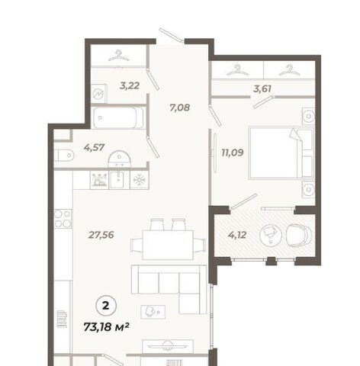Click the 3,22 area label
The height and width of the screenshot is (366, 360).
click(130, 86)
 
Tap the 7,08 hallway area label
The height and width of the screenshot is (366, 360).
click(180, 108)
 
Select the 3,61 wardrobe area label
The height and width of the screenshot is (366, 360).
click(262, 89)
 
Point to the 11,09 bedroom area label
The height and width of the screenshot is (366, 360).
click(233, 152)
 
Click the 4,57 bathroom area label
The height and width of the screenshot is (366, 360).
click(94, 147)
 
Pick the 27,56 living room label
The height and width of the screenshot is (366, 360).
click(101, 235)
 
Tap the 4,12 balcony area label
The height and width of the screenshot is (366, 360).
click(237, 235)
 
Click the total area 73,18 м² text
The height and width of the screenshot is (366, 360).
click(107, 327)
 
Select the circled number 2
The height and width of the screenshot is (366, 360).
click(106, 306)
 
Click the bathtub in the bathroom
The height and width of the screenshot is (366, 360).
click(118, 117)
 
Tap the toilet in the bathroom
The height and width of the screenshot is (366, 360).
click(64, 156)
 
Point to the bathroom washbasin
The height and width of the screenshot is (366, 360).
click(119, 159)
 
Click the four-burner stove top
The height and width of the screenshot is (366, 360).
click(63, 219)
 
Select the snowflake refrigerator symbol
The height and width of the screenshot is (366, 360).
click(139, 180)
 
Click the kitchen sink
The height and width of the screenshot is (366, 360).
click(119, 180)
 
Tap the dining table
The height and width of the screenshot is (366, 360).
click(168, 245)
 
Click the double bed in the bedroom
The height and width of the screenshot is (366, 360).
click(281, 152)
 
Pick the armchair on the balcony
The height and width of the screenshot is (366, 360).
click(298, 235)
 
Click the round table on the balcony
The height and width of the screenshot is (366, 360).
click(271, 235)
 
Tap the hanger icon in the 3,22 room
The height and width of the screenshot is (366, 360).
click(118, 56)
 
